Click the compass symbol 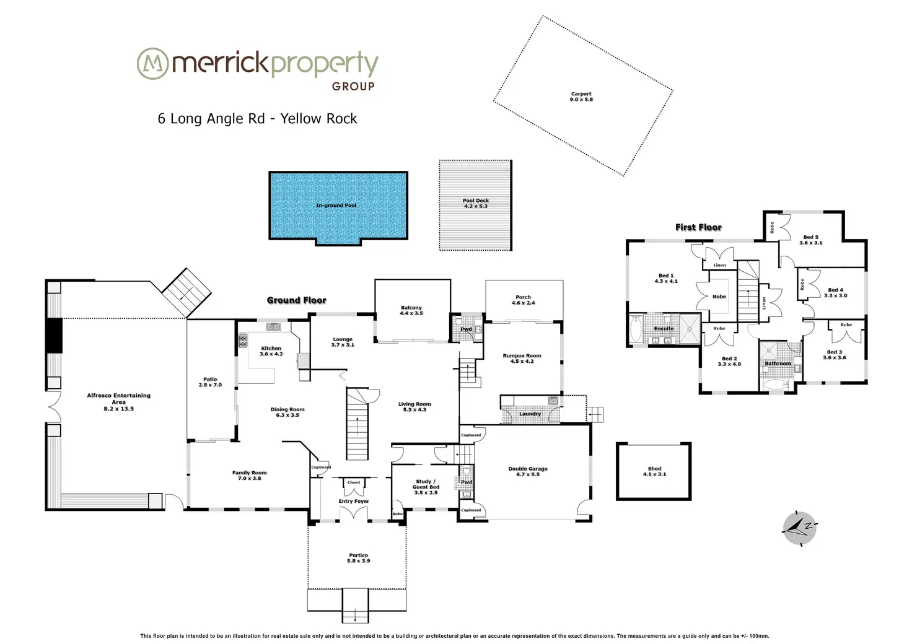(x=799, y=528)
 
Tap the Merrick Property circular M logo (x=152, y=64)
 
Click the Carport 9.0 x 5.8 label (x=581, y=97)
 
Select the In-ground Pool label (x=336, y=205)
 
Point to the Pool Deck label (x=476, y=203)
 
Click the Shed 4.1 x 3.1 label (x=654, y=471)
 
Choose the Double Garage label (x=528, y=471)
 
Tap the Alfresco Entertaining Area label (x=118, y=402)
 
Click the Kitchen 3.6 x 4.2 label (x=271, y=351)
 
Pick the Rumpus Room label (x=522, y=359)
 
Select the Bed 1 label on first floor (x=666, y=278)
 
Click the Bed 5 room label (x=810, y=240)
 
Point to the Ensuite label (x=664, y=329)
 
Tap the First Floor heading (x=698, y=227)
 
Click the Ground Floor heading (x=296, y=300)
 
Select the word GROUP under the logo (x=353, y=87)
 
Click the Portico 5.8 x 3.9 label (x=358, y=558)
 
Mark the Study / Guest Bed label (x=426, y=487)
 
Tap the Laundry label (x=530, y=414)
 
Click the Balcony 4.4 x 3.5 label (x=411, y=310)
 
